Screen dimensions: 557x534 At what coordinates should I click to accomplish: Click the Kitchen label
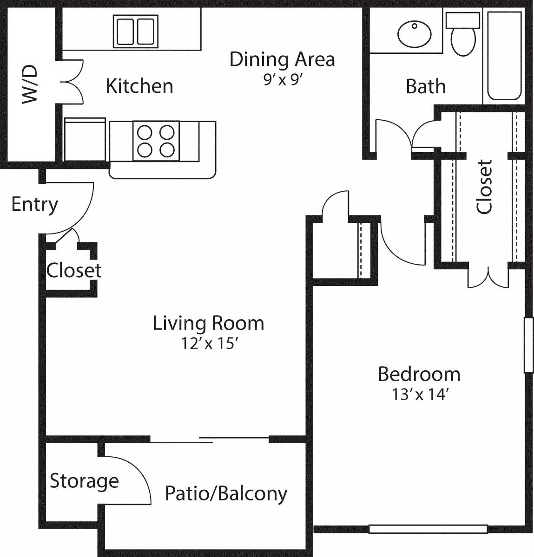point(139,86)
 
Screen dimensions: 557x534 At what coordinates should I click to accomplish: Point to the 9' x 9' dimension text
point(283,80)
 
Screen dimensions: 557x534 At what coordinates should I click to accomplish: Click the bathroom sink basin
point(415,33)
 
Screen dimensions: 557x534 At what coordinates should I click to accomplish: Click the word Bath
point(425,87)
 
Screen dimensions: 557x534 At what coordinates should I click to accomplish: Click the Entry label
point(34,204)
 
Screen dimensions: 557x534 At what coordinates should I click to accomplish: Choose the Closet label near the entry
point(73,270)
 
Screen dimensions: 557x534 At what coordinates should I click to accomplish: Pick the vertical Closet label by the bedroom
point(485,187)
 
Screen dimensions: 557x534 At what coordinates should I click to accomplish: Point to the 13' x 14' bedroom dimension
point(419,395)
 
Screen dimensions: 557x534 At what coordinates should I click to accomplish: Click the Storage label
point(84,481)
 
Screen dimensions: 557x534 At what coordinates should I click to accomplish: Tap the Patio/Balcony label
point(226,493)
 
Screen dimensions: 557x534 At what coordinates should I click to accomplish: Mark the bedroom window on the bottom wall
point(428,529)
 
